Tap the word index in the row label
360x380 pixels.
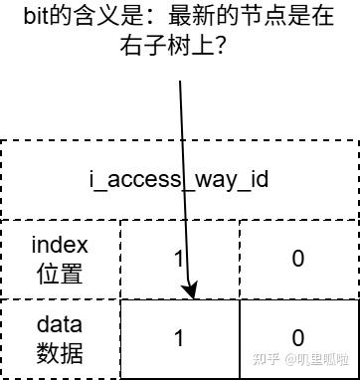click(x=60, y=244)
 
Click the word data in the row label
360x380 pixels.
click(x=60, y=324)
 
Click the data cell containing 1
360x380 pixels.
click(x=179, y=338)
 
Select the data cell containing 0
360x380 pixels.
click(x=297, y=338)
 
